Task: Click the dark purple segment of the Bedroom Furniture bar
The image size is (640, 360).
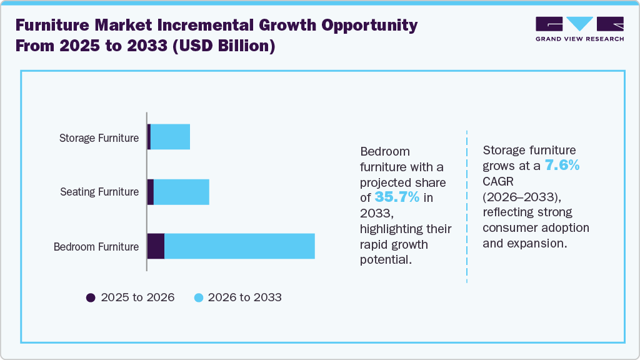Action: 156,246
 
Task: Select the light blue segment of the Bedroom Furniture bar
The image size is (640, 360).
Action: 239,246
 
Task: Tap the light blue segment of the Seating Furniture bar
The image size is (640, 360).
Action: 181,192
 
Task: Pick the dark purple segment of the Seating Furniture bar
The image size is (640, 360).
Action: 150,192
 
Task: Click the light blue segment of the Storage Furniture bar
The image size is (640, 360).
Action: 170,137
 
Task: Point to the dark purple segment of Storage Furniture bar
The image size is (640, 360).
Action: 149,137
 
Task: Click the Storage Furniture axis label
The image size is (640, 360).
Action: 99,137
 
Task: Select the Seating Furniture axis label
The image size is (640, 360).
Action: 99,192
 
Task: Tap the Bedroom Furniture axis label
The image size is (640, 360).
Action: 96,247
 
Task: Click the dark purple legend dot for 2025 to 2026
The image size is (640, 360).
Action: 91,297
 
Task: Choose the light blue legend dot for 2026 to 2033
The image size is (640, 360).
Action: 199,297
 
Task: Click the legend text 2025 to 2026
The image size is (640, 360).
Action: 137,297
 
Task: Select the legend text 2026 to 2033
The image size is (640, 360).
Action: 244,297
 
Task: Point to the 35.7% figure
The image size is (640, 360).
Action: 397,197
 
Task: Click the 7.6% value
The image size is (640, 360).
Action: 562,166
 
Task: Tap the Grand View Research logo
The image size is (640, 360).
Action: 579,29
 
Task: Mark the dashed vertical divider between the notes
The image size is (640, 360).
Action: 467,206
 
